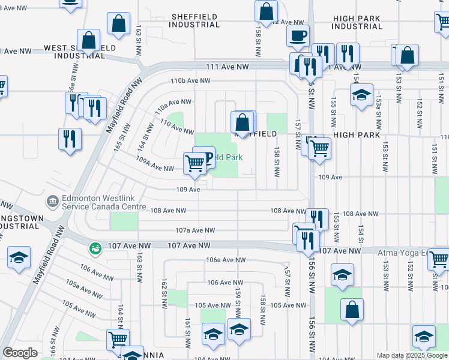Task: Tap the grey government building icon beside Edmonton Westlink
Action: [52, 200]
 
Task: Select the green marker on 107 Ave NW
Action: [94, 248]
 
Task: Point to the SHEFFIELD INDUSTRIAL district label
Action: [194, 20]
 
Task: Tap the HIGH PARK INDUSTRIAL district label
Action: [357, 23]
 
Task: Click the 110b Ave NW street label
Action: [190, 80]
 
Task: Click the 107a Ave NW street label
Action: [195, 230]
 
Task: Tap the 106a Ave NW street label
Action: [226, 260]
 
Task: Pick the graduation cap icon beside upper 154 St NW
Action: [361, 94]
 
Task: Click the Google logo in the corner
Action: [20, 353]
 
